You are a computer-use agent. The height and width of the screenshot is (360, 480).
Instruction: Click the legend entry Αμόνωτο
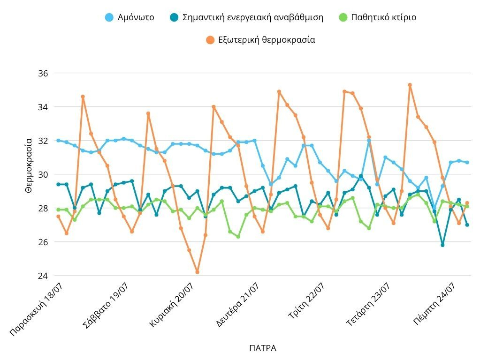(x=136, y=17)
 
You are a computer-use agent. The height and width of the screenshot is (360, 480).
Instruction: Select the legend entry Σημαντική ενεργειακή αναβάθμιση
(x=252, y=17)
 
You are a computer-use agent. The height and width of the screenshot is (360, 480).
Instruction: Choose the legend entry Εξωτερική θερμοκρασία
(x=267, y=40)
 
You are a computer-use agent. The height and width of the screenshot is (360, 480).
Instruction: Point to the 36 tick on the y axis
(x=43, y=74)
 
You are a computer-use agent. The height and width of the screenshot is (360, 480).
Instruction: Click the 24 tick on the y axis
(x=43, y=276)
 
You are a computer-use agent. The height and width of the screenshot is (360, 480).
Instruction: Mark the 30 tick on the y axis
(x=43, y=174)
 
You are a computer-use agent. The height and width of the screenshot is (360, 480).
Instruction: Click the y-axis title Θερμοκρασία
(x=29, y=165)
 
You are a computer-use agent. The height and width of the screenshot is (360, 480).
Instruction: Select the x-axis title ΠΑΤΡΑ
(x=263, y=348)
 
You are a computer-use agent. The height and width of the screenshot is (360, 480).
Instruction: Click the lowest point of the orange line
(x=198, y=272)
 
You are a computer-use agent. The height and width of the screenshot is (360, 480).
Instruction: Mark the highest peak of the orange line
(x=410, y=85)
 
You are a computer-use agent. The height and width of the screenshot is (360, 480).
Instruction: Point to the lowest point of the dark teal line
(x=442, y=245)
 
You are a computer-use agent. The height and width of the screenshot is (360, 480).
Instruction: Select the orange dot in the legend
(x=210, y=40)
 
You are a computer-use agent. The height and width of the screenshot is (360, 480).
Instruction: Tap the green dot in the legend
(x=343, y=17)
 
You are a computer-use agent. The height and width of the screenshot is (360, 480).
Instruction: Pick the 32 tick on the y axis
(x=43, y=141)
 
